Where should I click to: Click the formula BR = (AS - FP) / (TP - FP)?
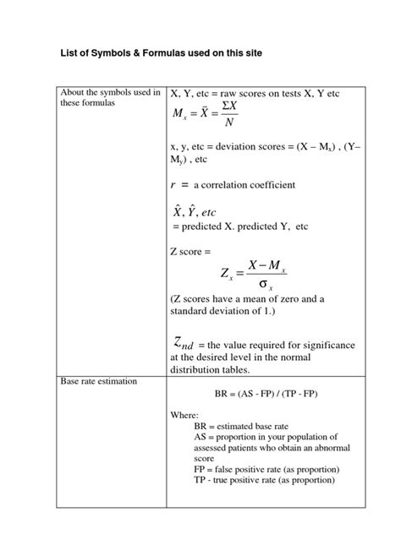click(266, 395)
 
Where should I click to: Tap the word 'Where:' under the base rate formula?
click(184, 415)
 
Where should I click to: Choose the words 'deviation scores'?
click(242, 144)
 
